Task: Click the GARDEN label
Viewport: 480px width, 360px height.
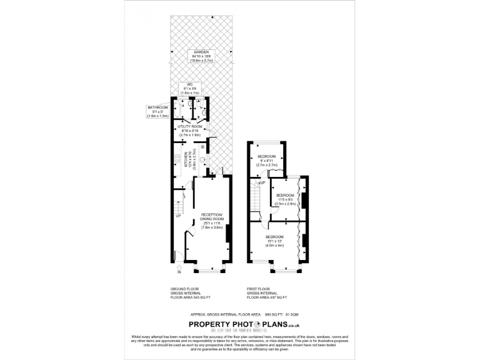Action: point(201,52)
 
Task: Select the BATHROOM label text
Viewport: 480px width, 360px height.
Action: point(154,108)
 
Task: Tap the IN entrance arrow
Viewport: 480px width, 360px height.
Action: point(178,268)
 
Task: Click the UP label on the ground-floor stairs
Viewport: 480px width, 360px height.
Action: point(178,216)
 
